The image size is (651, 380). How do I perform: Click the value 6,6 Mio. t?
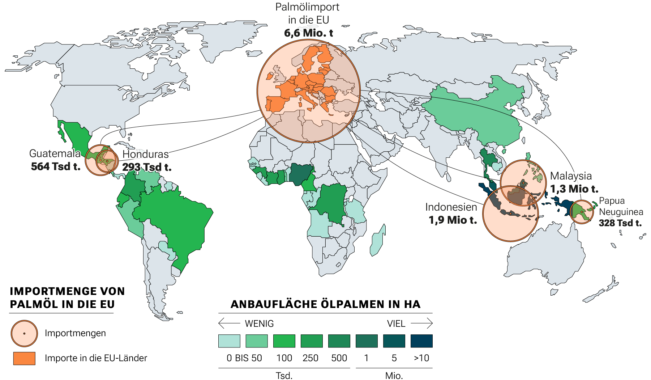click(308, 33)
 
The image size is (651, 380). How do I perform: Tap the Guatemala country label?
click(55, 153)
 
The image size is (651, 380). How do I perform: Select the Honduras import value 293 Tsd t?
click(147, 167)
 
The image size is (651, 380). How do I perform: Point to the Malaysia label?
click(571, 176)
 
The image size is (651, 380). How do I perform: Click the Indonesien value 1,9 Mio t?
click(453, 220)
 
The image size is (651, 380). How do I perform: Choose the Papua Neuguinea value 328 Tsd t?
click(620, 223)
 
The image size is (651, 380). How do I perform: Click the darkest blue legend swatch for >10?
click(421, 341)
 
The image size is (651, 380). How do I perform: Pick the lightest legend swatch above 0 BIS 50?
click(229, 341)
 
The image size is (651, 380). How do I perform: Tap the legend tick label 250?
click(310, 358)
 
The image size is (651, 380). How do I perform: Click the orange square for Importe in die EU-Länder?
click(24, 358)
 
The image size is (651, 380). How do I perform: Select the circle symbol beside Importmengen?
click(24, 333)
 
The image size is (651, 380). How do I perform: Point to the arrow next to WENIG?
click(229, 323)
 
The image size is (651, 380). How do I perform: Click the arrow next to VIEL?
click(421, 323)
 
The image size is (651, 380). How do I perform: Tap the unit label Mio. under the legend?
click(394, 375)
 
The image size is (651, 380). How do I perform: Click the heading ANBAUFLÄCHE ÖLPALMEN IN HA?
click(325, 304)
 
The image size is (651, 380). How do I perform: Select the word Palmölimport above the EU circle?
click(307, 7)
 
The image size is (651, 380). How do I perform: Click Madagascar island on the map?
click(378, 241)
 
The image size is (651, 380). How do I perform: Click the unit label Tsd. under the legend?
click(284, 375)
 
